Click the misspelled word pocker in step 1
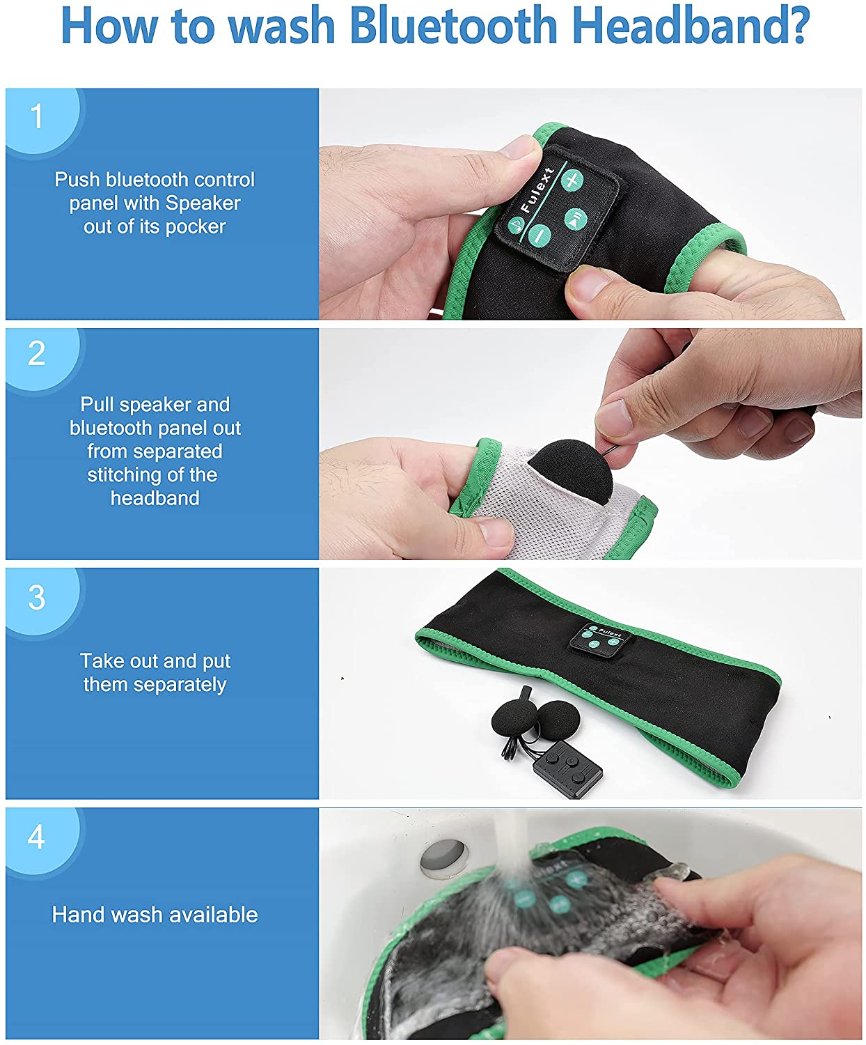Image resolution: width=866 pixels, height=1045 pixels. pyautogui.click(x=196, y=227)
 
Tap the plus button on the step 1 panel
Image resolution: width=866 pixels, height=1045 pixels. pyautogui.click(x=572, y=180)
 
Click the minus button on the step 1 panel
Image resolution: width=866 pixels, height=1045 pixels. pyautogui.click(x=540, y=235)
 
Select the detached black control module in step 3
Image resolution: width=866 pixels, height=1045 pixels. pyautogui.click(x=568, y=769)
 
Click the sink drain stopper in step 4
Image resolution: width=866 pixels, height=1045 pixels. pyautogui.click(x=445, y=856)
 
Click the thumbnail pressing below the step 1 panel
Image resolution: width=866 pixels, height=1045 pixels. pyautogui.click(x=590, y=285)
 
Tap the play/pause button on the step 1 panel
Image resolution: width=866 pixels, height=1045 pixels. pyautogui.click(x=576, y=219)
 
